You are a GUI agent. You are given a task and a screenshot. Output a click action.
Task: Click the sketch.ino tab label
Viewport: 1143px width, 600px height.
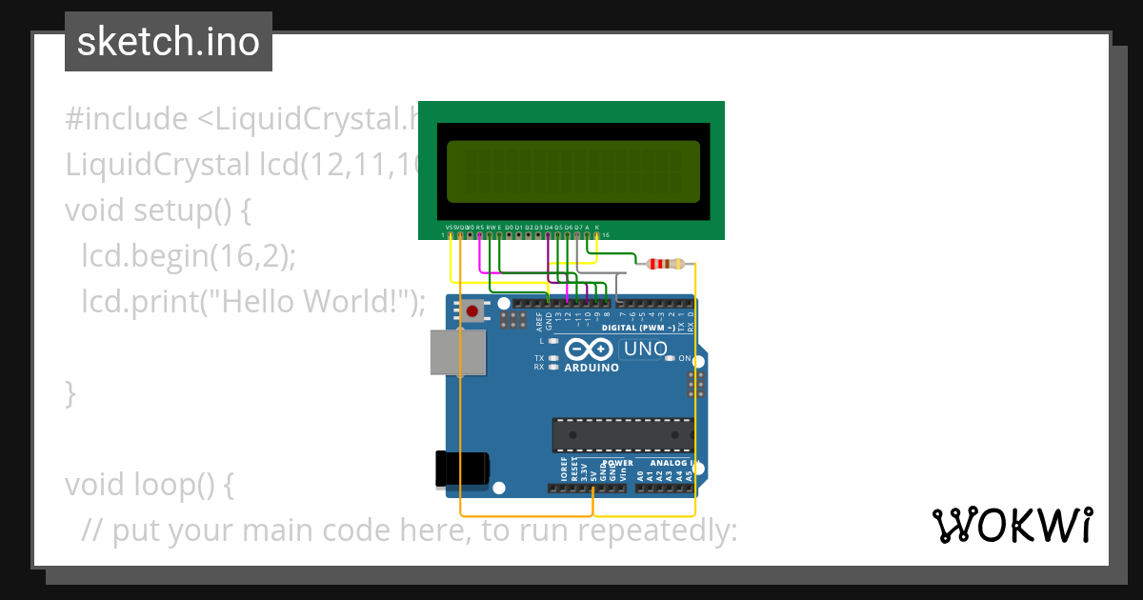(169, 42)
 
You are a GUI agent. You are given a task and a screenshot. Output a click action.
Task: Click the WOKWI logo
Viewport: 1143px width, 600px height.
(1012, 525)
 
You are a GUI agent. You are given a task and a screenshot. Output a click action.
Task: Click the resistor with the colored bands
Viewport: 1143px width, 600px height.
(665, 264)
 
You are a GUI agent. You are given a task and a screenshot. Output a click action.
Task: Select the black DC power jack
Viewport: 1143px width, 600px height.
(461, 467)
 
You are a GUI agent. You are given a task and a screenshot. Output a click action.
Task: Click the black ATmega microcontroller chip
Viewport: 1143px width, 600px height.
(623, 435)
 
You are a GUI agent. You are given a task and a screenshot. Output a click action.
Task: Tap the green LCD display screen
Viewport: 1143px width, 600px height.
(572, 170)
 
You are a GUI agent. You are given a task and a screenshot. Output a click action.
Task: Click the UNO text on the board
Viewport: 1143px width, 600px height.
(646, 349)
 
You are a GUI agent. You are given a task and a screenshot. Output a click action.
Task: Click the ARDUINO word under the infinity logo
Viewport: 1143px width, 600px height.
(592, 368)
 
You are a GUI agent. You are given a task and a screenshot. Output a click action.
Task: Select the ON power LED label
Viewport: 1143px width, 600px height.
(684, 358)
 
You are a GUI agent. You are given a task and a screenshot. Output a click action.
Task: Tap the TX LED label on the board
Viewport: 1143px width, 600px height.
(539, 358)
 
